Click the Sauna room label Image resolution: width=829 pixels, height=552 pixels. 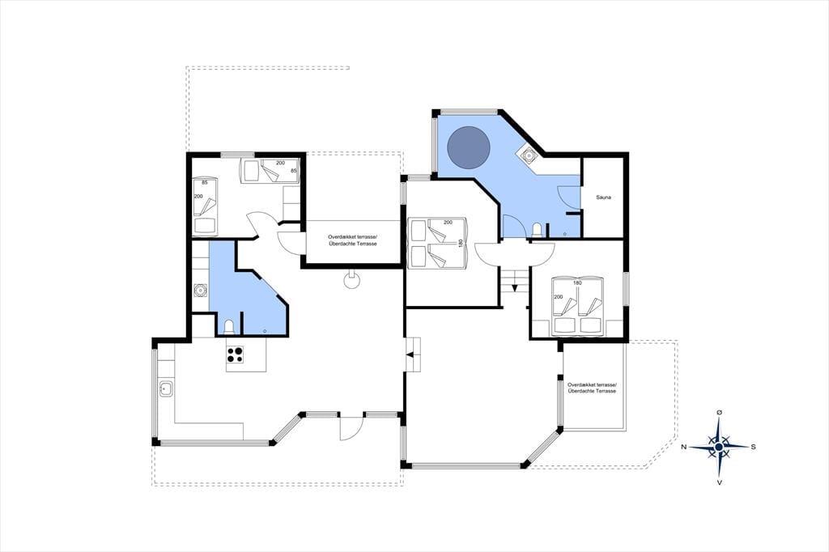[x=603, y=197]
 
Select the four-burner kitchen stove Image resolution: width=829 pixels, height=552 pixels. [x=236, y=354]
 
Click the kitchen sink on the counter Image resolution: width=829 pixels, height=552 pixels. [x=166, y=389]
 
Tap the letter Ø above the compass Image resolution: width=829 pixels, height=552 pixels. [x=719, y=412]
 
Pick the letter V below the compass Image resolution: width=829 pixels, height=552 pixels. [x=720, y=482]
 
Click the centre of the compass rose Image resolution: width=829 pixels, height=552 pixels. [x=719, y=448]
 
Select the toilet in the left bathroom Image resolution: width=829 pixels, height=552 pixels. [x=229, y=327]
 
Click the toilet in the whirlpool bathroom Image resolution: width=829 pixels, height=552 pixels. [x=538, y=230]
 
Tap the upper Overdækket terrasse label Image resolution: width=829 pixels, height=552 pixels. [x=353, y=240]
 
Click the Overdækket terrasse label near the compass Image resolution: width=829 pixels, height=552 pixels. [x=592, y=388]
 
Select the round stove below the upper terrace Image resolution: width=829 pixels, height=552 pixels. [x=351, y=280]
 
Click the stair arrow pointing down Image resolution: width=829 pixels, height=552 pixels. [x=514, y=287]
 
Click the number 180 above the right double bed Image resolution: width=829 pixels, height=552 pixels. [x=577, y=283]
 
